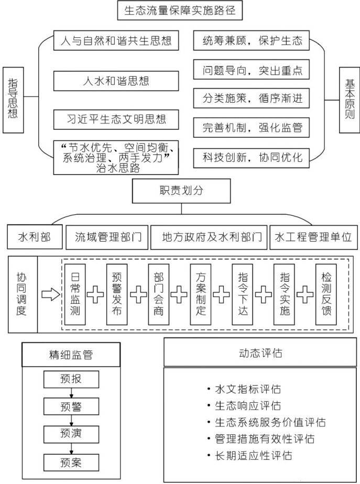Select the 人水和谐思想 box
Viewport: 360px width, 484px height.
116,80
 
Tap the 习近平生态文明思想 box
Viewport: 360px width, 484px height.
116,118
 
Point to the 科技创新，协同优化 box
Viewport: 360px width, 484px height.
252,156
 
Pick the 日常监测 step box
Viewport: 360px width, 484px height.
75,294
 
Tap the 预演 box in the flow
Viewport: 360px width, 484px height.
71,433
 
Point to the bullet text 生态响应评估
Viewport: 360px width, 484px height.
247,406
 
